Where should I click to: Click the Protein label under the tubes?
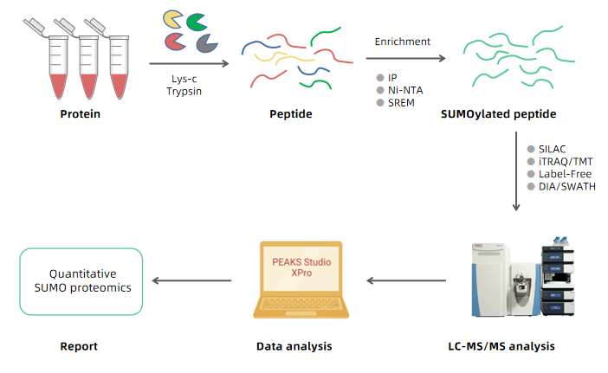click(x=86, y=114)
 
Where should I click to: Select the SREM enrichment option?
click(x=401, y=103)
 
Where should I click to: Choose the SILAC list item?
click(x=552, y=149)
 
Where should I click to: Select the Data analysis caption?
click(x=294, y=346)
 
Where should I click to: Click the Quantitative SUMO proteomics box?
click(x=81, y=281)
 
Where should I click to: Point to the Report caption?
click(x=79, y=346)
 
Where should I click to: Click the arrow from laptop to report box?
click(x=191, y=280)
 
